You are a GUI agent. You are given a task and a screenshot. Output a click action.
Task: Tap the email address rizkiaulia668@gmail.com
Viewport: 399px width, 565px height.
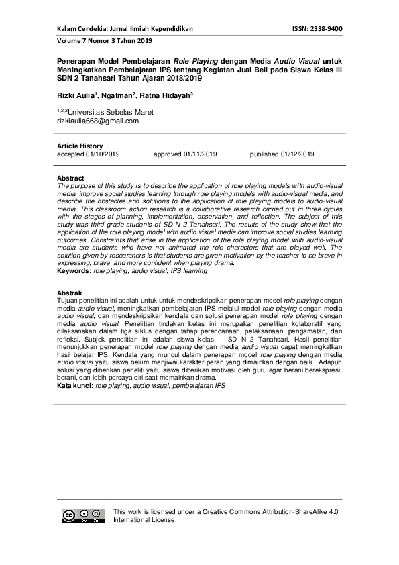click(x=98, y=121)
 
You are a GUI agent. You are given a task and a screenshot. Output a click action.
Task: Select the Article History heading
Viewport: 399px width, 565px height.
click(x=80, y=146)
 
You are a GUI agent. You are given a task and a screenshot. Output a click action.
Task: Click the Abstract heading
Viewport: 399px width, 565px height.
click(x=70, y=178)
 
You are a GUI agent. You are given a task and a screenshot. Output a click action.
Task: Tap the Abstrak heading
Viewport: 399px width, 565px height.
click(x=70, y=293)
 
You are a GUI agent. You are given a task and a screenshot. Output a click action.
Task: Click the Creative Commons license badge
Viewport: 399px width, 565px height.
click(x=83, y=515)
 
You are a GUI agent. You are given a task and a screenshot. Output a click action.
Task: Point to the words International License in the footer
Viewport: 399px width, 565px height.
click(x=145, y=520)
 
